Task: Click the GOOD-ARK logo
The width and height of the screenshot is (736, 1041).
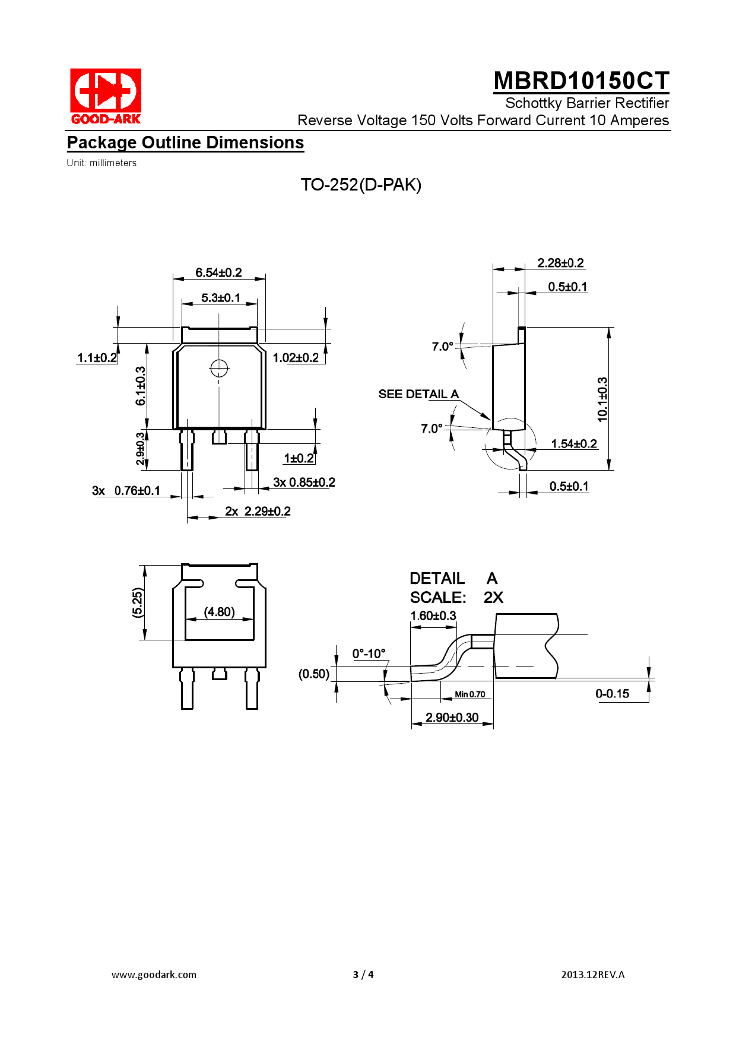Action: point(106,96)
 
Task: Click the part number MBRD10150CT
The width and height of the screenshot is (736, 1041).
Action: point(581,81)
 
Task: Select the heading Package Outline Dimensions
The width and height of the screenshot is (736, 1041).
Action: point(185,143)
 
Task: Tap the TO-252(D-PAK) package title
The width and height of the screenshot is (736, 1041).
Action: point(361,185)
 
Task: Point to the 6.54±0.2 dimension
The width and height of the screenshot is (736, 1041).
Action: point(218,273)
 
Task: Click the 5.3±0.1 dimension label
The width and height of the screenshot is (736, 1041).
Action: point(221,298)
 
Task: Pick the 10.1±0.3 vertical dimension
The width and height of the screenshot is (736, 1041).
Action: point(602,399)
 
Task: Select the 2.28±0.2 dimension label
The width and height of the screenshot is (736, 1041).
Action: point(560,263)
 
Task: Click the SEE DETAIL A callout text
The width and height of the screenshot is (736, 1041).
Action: point(418,394)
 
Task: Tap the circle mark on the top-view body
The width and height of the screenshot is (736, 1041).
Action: point(219,369)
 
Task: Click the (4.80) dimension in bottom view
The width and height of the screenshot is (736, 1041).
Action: point(219,612)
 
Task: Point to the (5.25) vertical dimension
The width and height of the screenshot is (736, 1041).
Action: point(137,602)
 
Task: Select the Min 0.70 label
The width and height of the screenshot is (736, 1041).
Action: point(469,694)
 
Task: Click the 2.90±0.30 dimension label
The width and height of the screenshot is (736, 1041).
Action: point(452,718)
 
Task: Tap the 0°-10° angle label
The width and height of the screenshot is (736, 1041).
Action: point(369,654)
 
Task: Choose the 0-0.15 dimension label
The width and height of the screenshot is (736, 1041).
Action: point(612,694)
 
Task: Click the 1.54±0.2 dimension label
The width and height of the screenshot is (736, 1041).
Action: point(573,444)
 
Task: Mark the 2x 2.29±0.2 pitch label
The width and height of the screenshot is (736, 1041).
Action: point(258,512)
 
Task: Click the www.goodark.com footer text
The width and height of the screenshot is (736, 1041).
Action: point(154,975)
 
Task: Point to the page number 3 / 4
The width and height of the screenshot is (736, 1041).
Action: point(363,975)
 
